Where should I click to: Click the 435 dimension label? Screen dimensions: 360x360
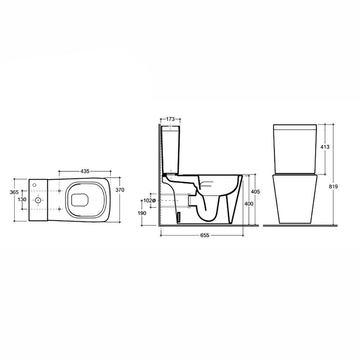(85, 171)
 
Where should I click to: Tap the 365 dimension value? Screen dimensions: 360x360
(14, 192)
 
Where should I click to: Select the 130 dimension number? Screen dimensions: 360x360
(22, 199)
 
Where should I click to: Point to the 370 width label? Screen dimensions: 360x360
(120, 190)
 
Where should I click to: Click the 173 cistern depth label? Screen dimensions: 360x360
(170, 119)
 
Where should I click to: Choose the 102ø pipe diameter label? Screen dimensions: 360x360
(149, 201)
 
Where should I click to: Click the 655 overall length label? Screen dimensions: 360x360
(205, 235)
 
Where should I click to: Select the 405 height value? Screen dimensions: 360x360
(255, 192)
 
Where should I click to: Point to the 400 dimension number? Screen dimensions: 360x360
(249, 203)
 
